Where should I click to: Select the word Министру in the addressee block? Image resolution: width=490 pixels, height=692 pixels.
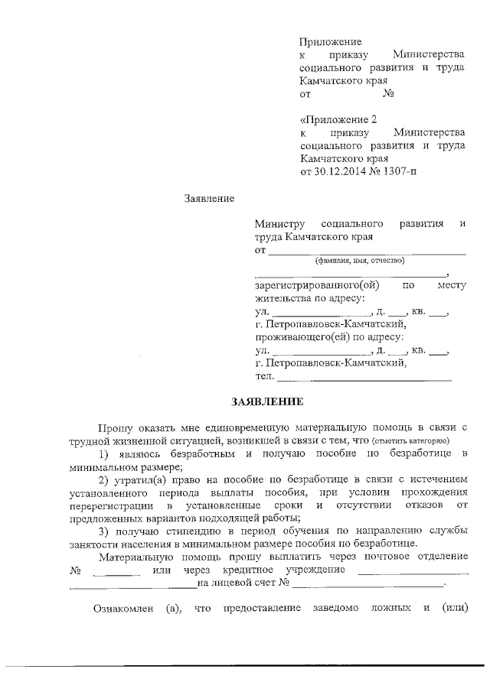pos(279,223)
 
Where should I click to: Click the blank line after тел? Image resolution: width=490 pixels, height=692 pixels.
pos(364,377)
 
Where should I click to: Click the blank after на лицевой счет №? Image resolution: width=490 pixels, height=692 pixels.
pos(367,583)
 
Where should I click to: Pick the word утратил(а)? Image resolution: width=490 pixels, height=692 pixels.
pos(143,480)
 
